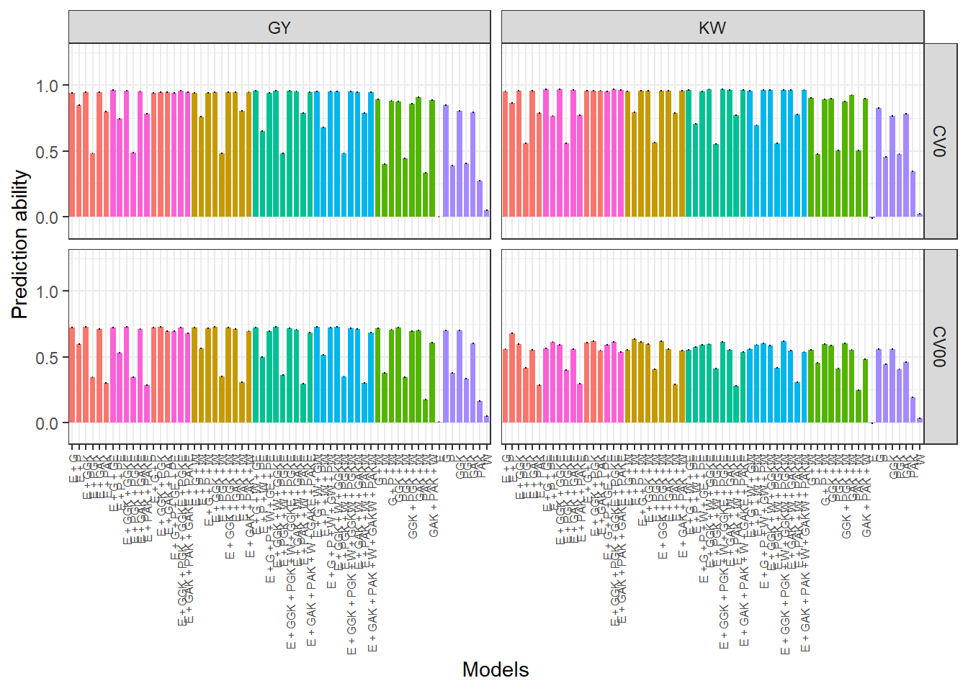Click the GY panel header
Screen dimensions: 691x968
[279, 27]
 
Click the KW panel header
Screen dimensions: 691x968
[712, 27]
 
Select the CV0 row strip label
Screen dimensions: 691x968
[939, 141]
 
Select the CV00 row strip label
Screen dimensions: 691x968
[939, 346]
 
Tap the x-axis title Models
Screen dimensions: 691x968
[496, 669]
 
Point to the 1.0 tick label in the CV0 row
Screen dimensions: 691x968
[47, 86]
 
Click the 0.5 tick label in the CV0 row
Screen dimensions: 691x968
[47, 152]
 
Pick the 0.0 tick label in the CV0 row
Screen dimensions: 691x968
[47, 217]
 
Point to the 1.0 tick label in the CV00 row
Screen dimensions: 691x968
[47, 292]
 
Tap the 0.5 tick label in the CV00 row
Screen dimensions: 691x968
[47, 358]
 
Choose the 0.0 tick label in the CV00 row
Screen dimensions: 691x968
[47, 423]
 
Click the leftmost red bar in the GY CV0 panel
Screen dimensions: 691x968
[72, 155]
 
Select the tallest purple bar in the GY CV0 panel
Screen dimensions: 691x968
[446, 161]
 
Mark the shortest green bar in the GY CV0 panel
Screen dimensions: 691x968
[426, 194]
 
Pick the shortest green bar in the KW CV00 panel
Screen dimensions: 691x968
[859, 406]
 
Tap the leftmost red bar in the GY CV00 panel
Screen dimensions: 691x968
[72, 375]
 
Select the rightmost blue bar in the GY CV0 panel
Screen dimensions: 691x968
[372, 155]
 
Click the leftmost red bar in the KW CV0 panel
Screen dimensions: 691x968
[506, 154]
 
